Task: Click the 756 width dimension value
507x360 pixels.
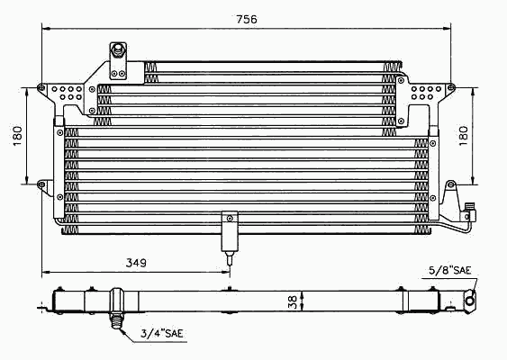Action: tap(247, 20)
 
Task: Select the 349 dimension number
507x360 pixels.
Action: tap(136, 263)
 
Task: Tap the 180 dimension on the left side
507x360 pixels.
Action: tap(17, 136)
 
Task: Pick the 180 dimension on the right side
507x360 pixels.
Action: tap(463, 136)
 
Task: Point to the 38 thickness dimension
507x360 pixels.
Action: tap(293, 302)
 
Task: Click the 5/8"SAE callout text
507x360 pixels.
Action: tap(449, 270)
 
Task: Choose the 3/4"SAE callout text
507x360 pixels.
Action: tap(162, 333)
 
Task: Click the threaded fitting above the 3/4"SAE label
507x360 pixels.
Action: tap(117, 320)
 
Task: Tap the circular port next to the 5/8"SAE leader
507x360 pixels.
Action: tap(470, 301)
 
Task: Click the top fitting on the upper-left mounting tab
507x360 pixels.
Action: tap(118, 50)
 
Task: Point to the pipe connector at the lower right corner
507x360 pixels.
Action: tap(469, 212)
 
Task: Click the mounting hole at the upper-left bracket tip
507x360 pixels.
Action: tap(41, 87)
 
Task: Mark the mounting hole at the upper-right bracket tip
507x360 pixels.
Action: tap(451, 87)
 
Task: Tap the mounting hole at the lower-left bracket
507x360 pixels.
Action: tap(41, 184)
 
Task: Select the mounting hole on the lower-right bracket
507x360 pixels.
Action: tap(451, 184)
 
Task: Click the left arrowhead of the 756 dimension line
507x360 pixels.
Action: tap(46, 29)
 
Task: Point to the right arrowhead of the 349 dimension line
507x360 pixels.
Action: tap(225, 272)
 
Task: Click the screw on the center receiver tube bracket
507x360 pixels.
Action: tap(230, 219)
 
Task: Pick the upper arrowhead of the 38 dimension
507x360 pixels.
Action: tap(302, 293)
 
